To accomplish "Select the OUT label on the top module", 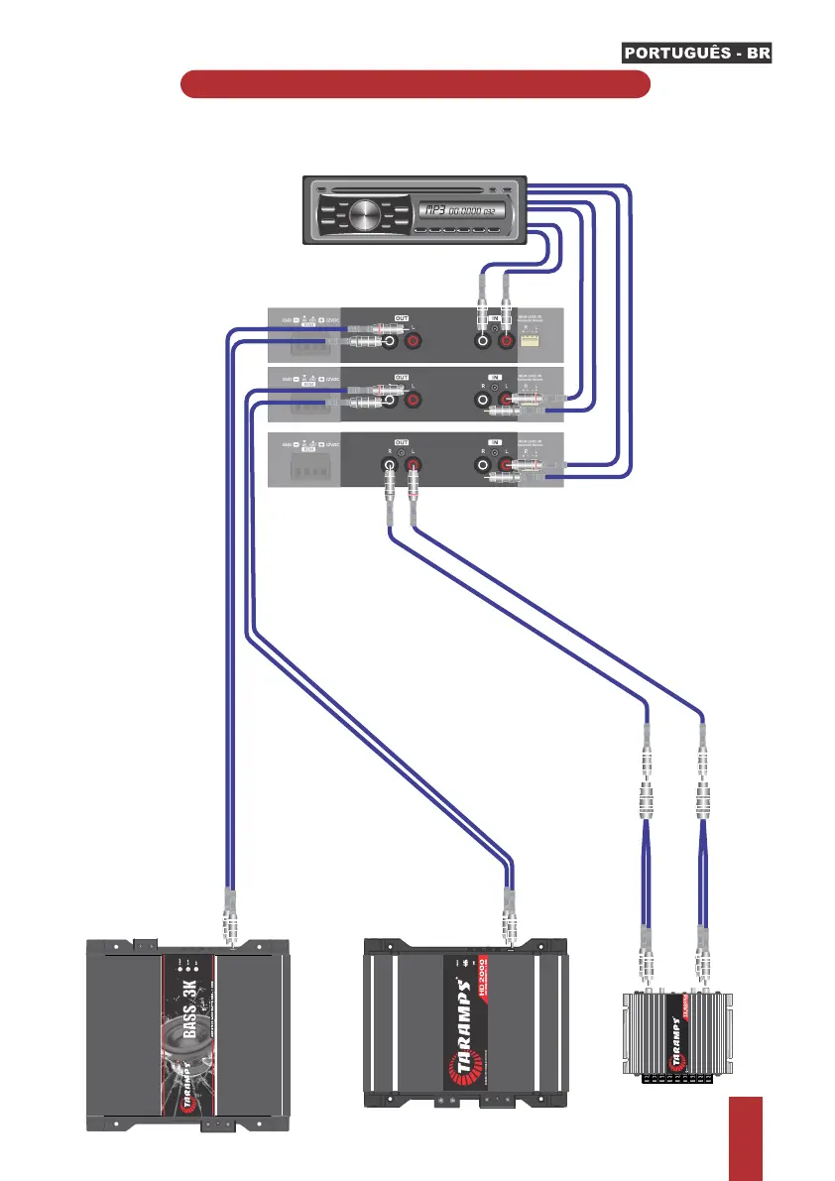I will [x=402, y=318].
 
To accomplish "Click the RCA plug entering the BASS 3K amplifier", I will [x=229, y=922].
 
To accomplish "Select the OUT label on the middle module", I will [x=402, y=377].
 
